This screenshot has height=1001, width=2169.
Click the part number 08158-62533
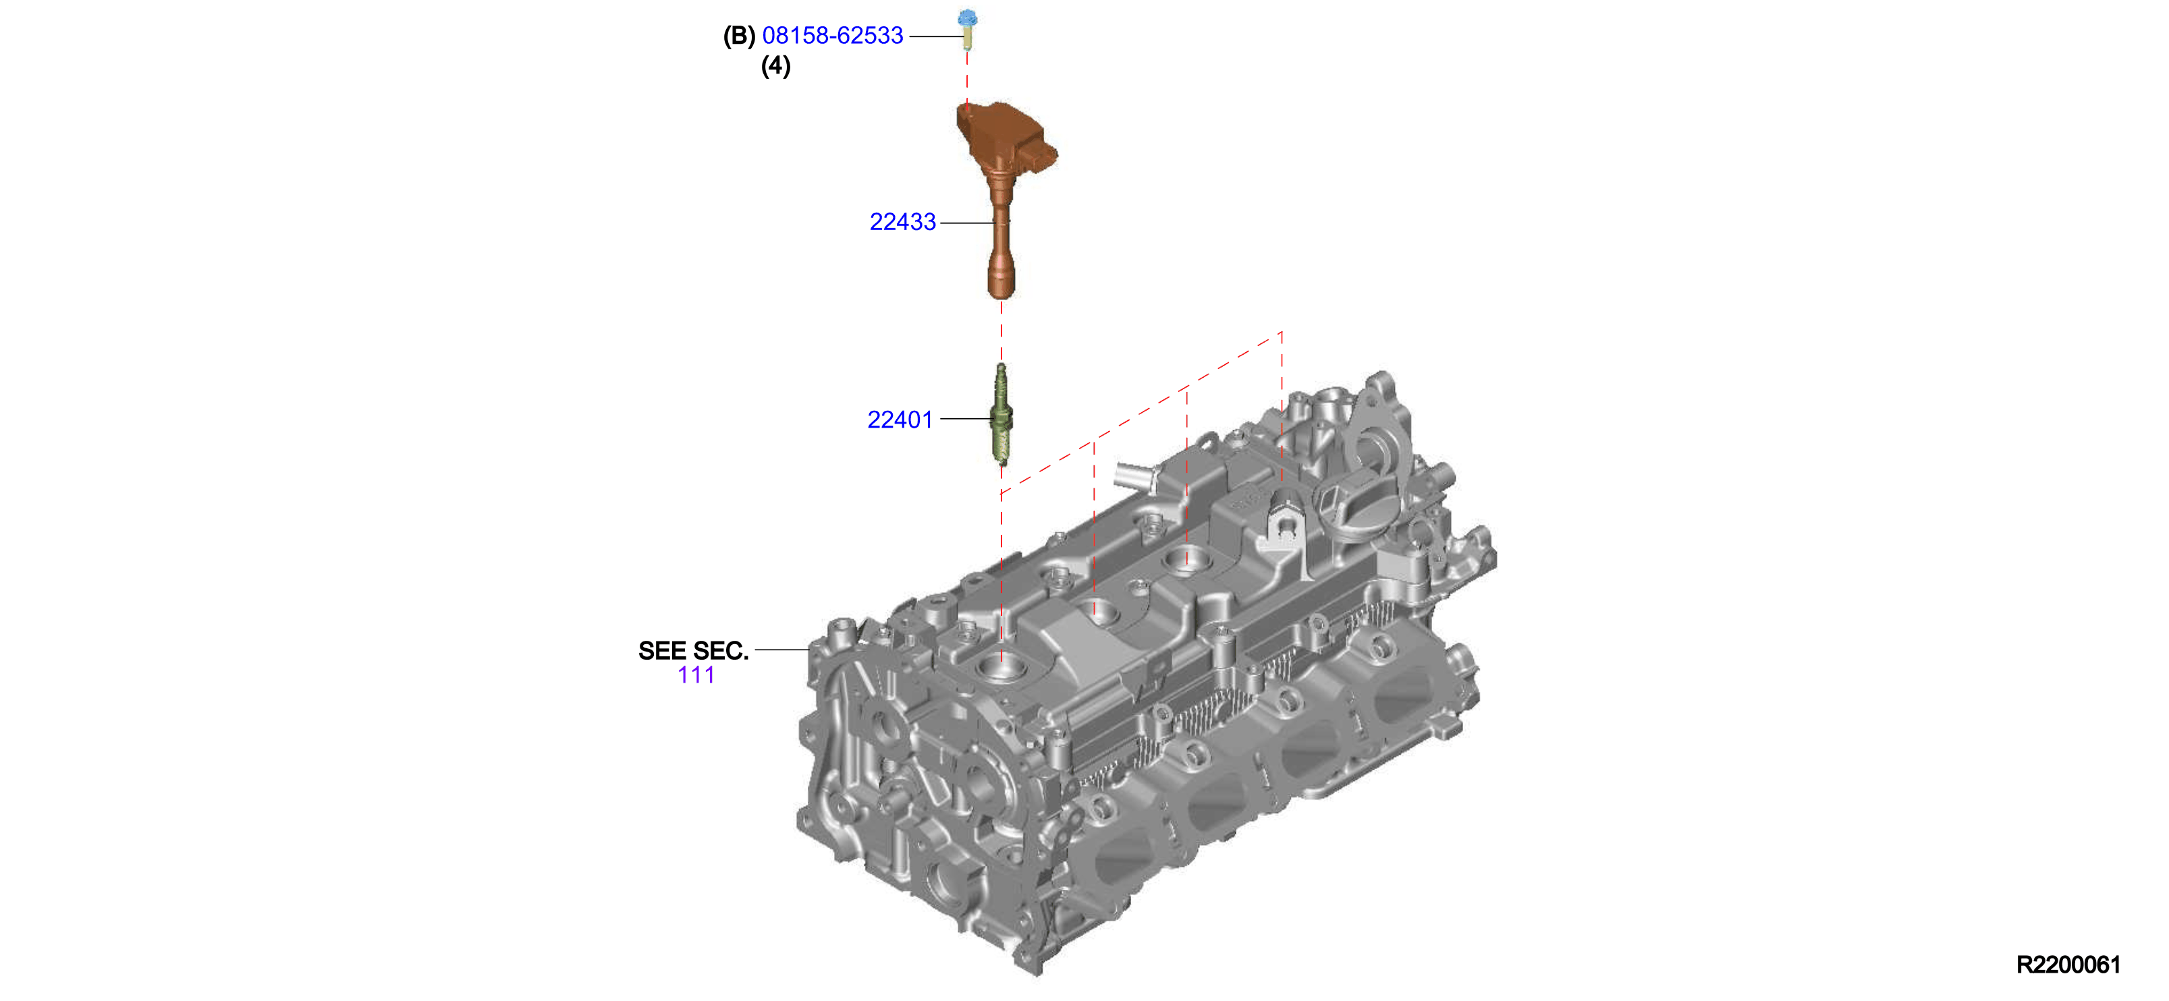pyautogui.click(x=832, y=35)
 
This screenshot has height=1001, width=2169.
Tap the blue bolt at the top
pyautogui.click(x=968, y=28)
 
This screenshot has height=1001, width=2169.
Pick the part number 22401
pyautogui.click(x=900, y=420)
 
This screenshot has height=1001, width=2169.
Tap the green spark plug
pyautogui.click(x=1001, y=414)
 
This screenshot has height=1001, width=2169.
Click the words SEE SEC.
pyautogui.click(x=693, y=651)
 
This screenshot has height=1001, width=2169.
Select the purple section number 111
pyautogui.click(x=696, y=675)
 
